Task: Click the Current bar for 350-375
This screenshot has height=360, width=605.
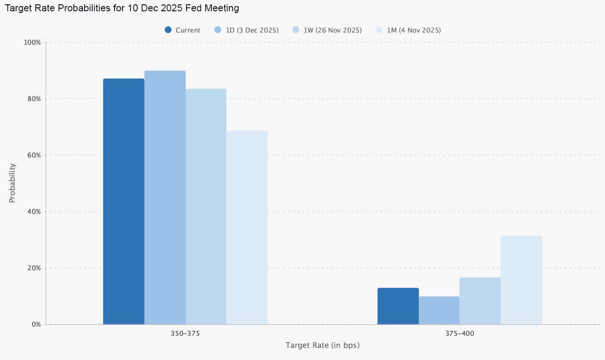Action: click(124, 202)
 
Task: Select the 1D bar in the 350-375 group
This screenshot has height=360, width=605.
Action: click(165, 198)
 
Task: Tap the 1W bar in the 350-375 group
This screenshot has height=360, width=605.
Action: click(206, 207)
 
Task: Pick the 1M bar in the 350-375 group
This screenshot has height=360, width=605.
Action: click(247, 227)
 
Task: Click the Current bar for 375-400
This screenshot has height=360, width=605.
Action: click(398, 306)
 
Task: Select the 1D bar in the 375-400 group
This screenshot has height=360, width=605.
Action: click(439, 311)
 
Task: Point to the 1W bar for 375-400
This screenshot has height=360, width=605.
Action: click(480, 301)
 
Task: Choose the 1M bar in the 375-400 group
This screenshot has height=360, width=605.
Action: click(521, 280)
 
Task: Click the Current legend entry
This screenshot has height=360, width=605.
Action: click(183, 30)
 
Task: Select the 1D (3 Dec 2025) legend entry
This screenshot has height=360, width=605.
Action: click(247, 30)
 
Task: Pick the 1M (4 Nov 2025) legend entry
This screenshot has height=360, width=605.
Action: click(408, 30)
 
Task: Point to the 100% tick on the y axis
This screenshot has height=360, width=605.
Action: click(33, 43)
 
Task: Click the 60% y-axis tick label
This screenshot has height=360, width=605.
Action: click(34, 155)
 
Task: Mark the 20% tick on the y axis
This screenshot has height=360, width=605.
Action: click(34, 268)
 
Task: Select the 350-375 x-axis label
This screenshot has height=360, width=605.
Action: click(185, 334)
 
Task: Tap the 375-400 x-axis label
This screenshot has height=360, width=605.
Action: click(460, 334)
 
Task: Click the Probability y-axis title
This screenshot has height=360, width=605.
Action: click(12, 183)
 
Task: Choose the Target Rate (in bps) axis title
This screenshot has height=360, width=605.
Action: click(322, 346)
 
